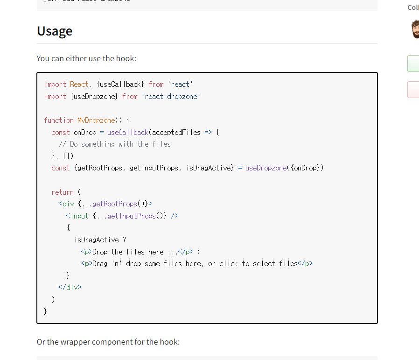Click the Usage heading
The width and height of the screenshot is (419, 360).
[55, 31]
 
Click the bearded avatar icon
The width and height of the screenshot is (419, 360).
[415, 29]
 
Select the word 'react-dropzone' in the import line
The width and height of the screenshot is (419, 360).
[170, 96]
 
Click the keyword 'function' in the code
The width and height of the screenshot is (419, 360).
[59, 120]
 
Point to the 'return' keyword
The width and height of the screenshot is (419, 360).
[63, 192]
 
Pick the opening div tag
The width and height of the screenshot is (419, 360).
[68, 204]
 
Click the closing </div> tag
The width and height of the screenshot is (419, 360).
[70, 287]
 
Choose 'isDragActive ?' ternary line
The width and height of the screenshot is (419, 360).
[100, 240]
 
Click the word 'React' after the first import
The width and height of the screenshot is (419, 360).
[79, 84]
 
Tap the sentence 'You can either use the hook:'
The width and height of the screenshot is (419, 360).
[86, 58]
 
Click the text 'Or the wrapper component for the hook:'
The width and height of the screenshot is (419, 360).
[108, 342]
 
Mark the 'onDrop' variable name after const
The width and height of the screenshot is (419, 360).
[85, 132]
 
